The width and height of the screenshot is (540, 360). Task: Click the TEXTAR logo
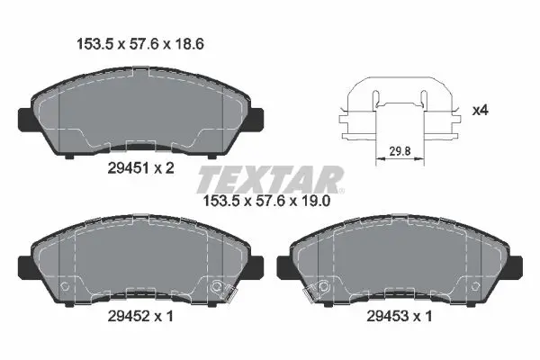tap(270, 176)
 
